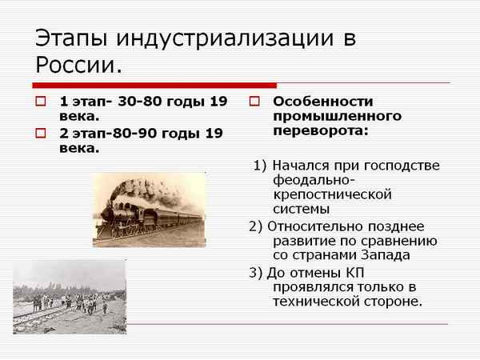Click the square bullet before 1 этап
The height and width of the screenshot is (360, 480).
(41, 102)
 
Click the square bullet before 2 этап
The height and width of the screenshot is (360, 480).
(41, 133)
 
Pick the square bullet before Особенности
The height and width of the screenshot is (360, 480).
(254, 102)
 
